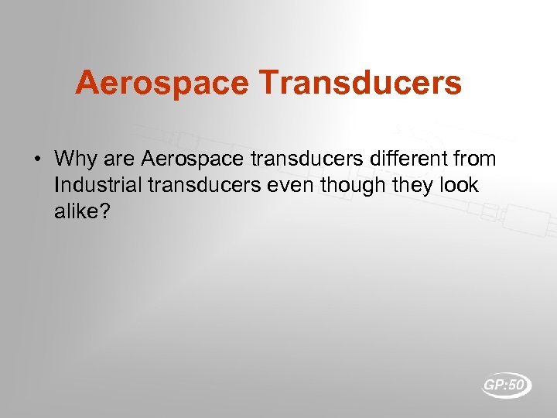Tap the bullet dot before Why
coord(37,160)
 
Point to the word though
coord(328,186)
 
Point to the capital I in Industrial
coord(57,186)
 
